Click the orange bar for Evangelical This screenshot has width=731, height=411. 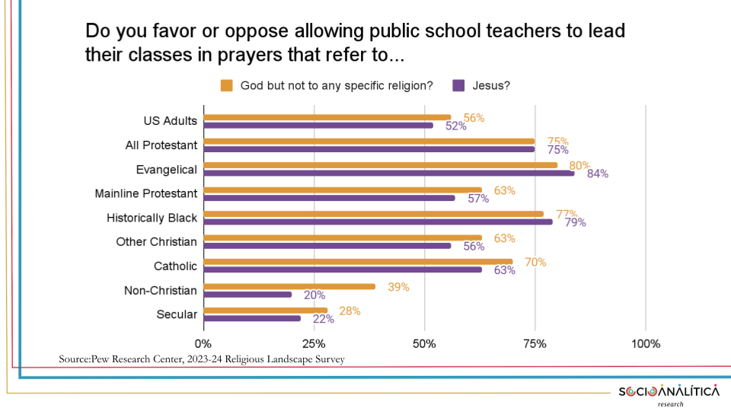381,165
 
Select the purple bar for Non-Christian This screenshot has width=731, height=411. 247,295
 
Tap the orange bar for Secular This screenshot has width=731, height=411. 265,311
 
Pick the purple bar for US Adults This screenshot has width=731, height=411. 318,125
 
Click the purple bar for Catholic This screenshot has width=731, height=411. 343,269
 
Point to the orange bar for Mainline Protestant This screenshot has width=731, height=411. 343,190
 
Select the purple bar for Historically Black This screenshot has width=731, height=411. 378,222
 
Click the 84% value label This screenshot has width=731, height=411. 598,174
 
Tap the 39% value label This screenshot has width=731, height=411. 398,287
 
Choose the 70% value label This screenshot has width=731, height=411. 535,263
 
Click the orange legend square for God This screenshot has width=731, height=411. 226,85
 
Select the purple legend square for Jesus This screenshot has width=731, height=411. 458,85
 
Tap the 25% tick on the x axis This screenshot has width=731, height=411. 314,343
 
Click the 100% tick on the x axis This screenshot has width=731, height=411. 646,343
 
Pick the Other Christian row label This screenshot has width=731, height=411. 156,242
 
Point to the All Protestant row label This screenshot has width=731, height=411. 161,145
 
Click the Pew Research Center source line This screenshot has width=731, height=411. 202,358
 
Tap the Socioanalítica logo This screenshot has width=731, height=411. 668,393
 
